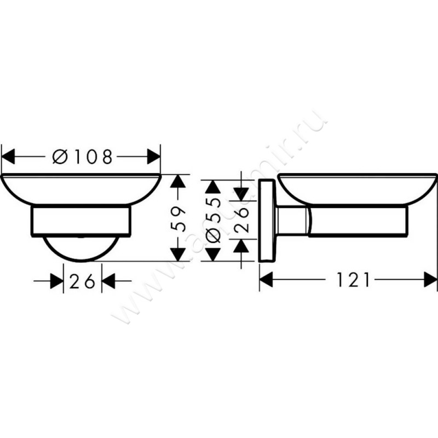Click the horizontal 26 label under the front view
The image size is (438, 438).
83,281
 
